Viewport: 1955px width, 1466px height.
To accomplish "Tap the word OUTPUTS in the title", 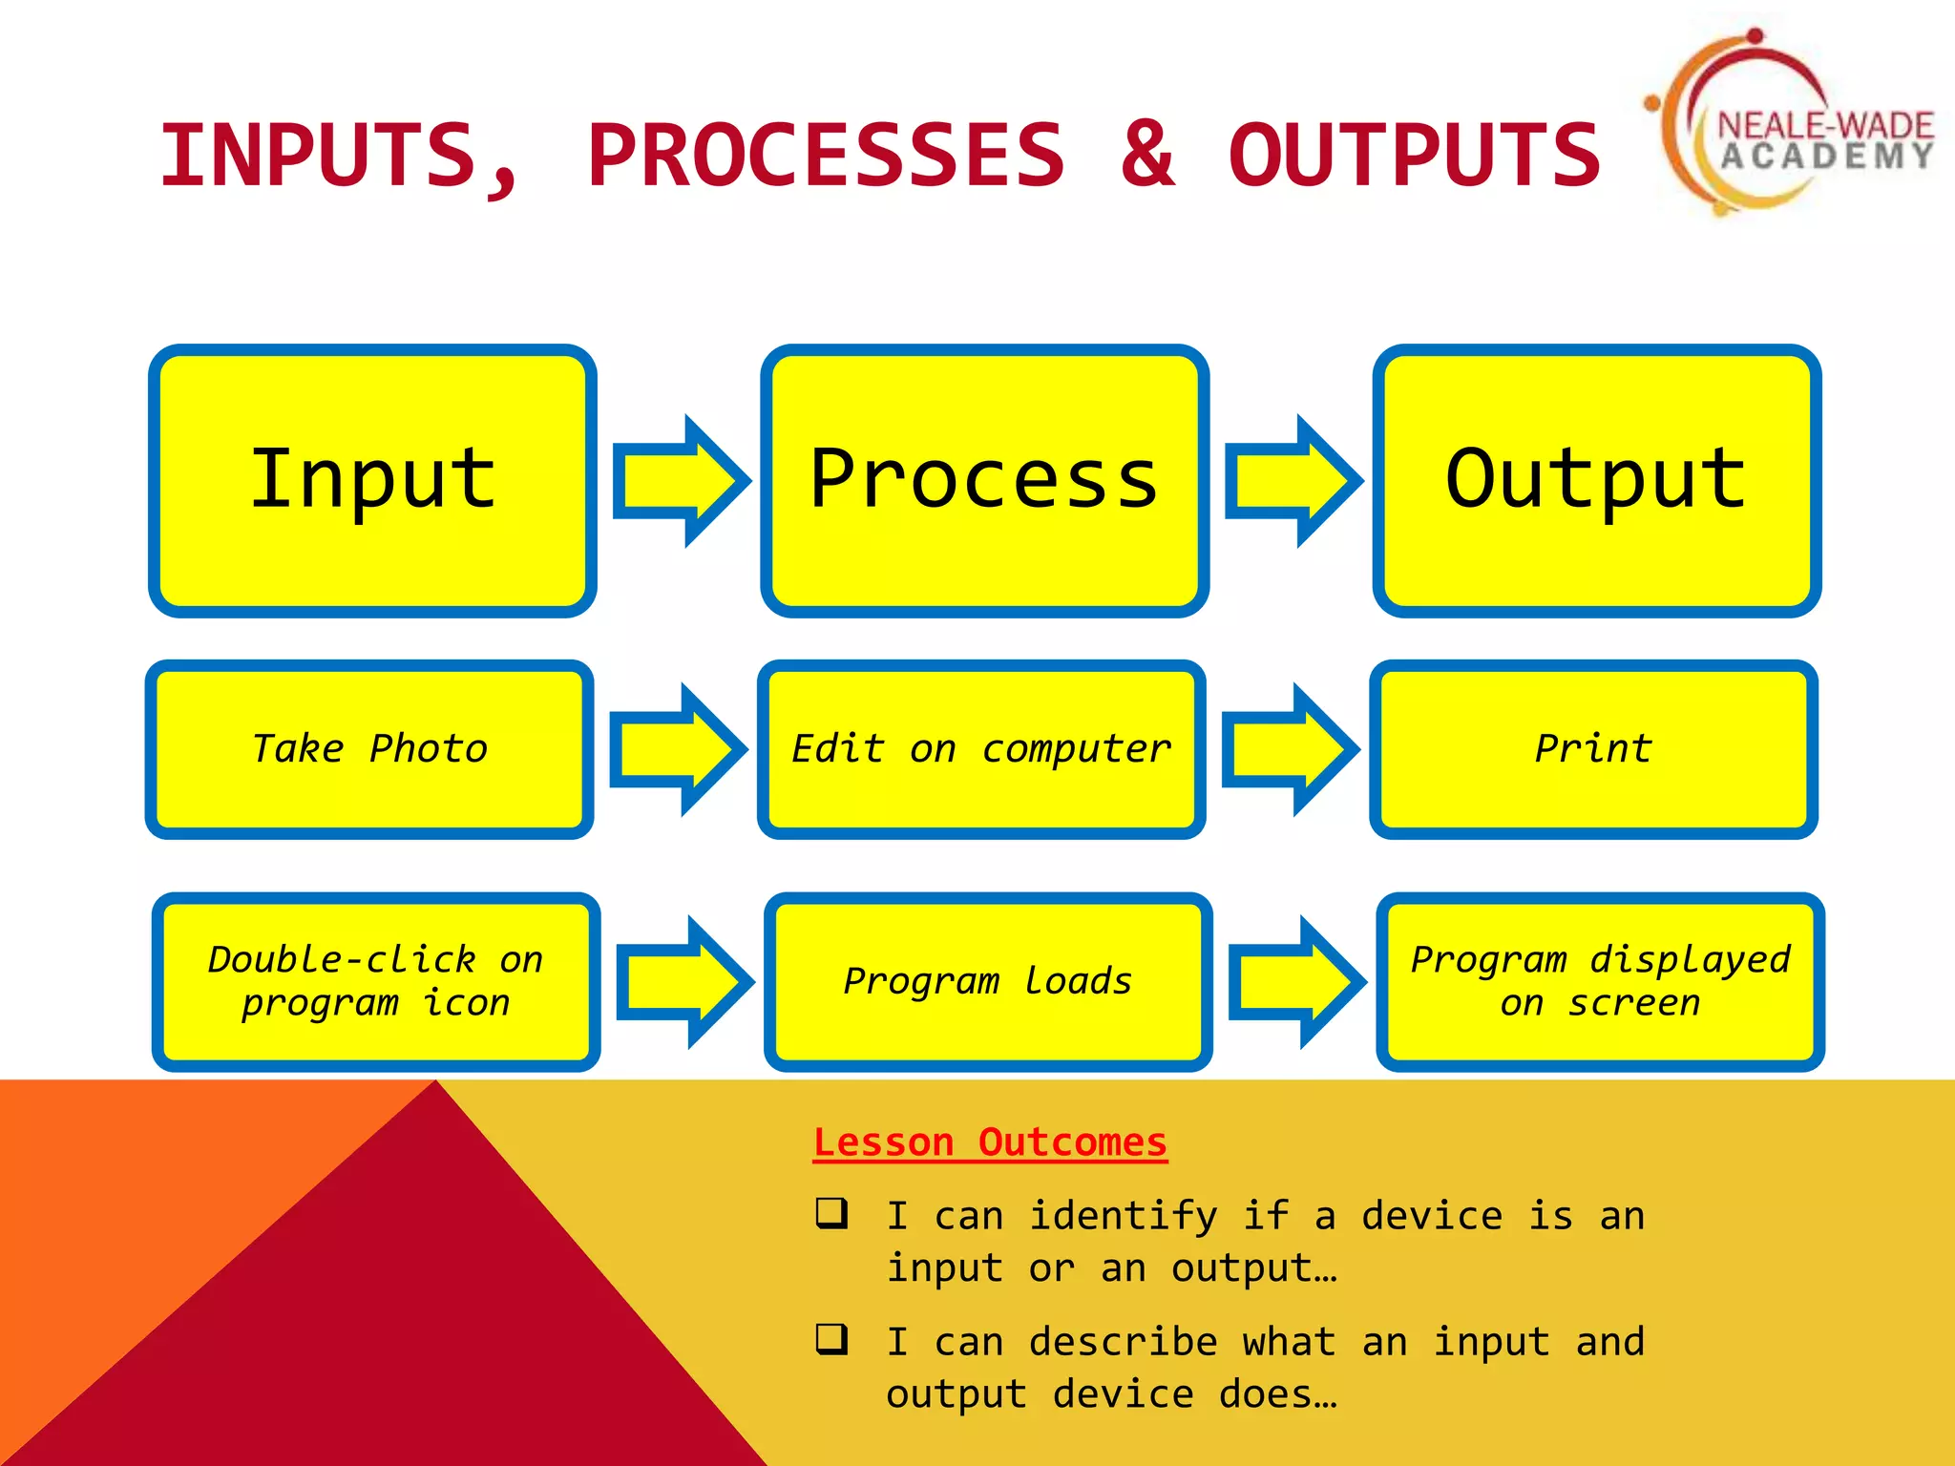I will coord(1414,155).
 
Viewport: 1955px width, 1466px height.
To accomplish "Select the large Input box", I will coord(372,480).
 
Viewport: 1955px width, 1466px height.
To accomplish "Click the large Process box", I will coord(984,480).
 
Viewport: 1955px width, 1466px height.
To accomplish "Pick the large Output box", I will coord(1596,480).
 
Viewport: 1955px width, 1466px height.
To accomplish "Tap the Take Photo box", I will coord(369,749).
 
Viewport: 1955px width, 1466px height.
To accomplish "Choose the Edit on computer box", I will coord(981,749).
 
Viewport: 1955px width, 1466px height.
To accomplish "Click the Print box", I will coord(1593,749).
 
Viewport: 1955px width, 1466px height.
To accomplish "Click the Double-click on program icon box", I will coord(375,981).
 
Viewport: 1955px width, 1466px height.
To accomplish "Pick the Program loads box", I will coord(988,981).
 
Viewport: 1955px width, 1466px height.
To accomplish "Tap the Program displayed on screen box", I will coord(1600,981).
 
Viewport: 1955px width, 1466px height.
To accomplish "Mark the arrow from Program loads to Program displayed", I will coord(1295,982).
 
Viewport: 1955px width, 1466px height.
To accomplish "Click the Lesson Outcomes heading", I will coord(990,1142).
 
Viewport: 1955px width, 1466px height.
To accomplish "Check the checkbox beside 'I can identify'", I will coord(831,1213).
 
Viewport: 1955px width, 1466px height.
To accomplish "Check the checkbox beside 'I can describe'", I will coord(831,1339).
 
